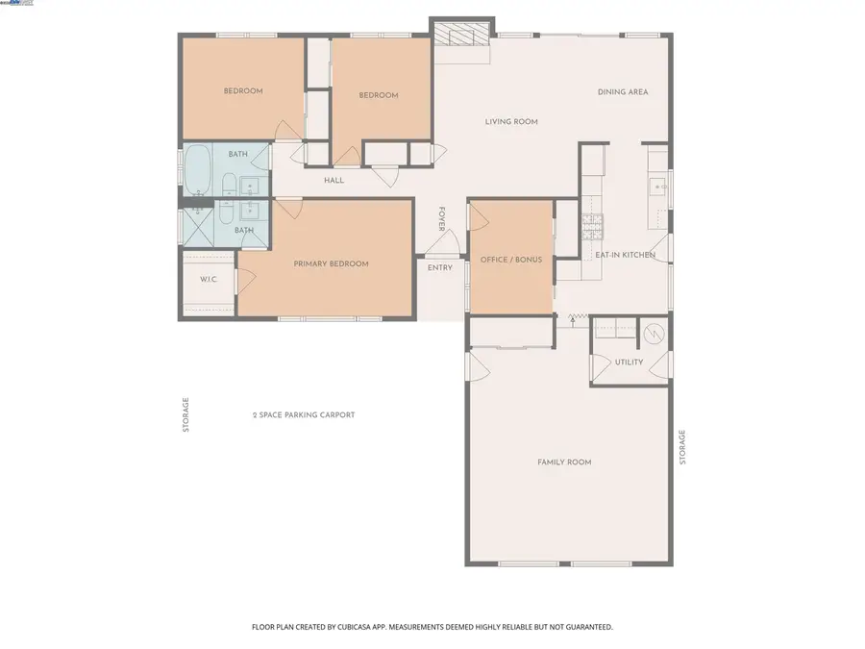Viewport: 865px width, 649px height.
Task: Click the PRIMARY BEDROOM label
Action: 331,263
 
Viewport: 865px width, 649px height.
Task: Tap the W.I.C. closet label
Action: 208,280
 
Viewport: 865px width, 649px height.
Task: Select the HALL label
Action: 334,180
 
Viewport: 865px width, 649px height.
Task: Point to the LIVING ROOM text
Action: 510,121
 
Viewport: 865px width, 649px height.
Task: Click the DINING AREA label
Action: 623,92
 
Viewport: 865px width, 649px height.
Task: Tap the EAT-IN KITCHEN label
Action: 625,255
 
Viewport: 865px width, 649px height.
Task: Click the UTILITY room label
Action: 629,362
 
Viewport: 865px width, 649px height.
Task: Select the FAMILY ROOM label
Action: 563,462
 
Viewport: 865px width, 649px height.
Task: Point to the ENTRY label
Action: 439,267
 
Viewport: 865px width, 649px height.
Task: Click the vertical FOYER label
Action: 442,219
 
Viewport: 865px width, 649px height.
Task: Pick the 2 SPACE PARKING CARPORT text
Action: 304,415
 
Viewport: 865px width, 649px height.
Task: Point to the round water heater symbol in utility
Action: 653,334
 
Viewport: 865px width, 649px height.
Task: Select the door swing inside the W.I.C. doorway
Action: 244,280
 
